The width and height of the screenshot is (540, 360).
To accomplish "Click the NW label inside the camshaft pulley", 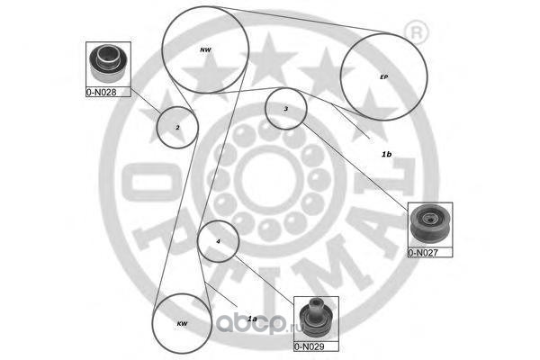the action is pyautogui.click(x=205, y=50).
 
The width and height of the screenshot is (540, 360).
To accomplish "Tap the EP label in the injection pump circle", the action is pyautogui.click(x=383, y=76).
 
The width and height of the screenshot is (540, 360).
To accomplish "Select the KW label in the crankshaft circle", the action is pyautogui.click(x=182, y=323).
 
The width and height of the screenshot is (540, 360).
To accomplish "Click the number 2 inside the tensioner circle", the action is pyautogui.click(x=177, y=128).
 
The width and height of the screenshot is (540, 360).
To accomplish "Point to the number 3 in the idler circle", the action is pyautogui.click(x=285, y=109).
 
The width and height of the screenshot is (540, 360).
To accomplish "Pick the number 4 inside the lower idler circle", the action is pyautogui.click(x=218, y=241).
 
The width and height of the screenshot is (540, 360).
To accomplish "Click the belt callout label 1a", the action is pyautogui.click(x=252, y=319).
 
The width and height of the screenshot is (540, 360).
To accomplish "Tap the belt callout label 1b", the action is pyautogui.click(x=386, y=154).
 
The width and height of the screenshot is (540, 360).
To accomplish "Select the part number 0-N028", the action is pyautogui.click(x=101, y=92).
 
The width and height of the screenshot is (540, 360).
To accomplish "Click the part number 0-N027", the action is pyautogui.click(x=423, y=253).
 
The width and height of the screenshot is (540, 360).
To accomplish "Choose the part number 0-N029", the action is pyautogui.click(x=310, y=346).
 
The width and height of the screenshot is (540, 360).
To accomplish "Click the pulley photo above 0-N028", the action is pyautogui.click(x=108, y=65).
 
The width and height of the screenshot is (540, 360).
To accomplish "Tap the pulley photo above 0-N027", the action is pyautogui.click(x=430, y=225).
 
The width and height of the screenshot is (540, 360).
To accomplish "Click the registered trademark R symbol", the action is pyautogui.click(x=417, y=33).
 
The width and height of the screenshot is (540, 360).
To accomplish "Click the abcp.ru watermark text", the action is pyautogui.click(x=259, y=324).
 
